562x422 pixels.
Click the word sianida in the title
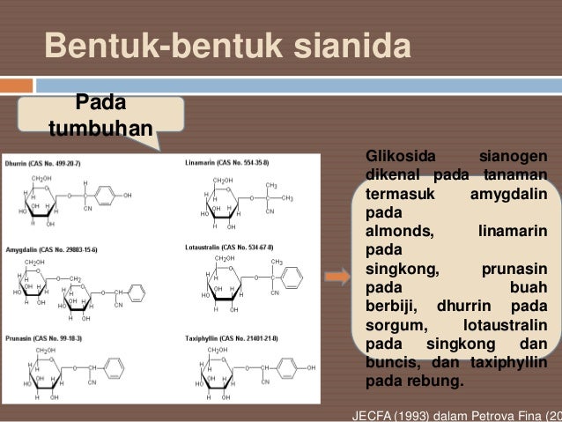coord(356,47)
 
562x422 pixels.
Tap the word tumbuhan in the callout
coord(100,130)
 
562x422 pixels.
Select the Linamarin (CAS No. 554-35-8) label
coord(227,164)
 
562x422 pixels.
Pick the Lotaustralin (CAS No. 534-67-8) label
coord(231,248)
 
